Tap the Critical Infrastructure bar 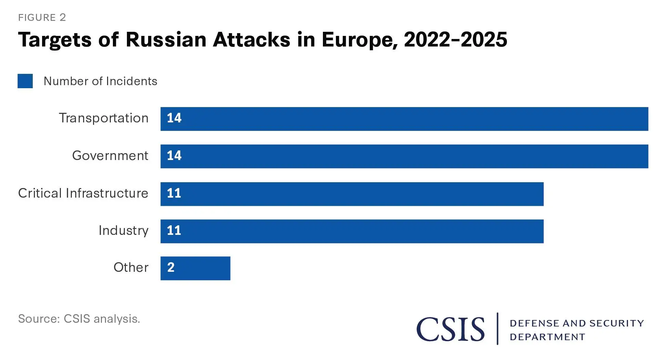pyautogui.click(x=352, y=194)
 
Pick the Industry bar pyautogui.click(x=352, y=231)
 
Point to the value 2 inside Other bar pyautogui.click(x=171, y=267)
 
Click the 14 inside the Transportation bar pyautogui.click(x=174, y=118)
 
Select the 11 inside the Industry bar pyautogui.click(x=174, y=230)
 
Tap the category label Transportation pyautogui.click(x=104, y=118)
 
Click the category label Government pyautogui.click(x=110, y=156)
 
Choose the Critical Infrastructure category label pyautogui.click(x=83, y=193)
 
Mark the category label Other pyautogui.click(x=131, y=267)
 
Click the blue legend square pyautogui.click(x=25, y=81)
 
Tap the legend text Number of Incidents pyautogui.click(x=100, y=81)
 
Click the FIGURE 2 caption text pyautogui.click(x=42, y=17)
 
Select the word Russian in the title pyautogui.click(x=166, y=40)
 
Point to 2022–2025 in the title pyautogui.click(x=455, y=40)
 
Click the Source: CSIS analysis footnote pyautogui.click(x=79, y=319)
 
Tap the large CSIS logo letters pyautogui.click(x=450, y=329)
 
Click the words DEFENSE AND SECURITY pyautogui.click(x=577, y=323)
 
